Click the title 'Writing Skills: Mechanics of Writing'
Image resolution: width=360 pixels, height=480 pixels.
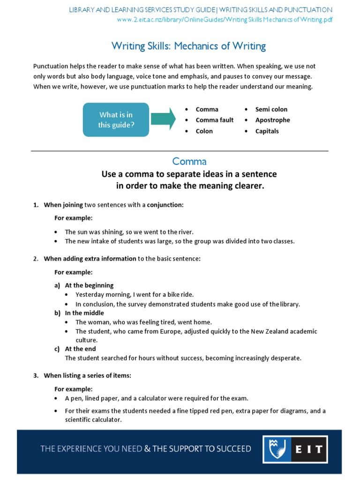tap(188, 46)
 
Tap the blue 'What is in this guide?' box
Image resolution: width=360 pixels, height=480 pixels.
tap(116, 120)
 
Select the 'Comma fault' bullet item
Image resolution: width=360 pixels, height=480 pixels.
tap(214, 120)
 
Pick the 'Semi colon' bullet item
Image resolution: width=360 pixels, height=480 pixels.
tap(271, 109)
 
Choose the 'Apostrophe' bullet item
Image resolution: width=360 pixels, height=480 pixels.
tap(272, 120)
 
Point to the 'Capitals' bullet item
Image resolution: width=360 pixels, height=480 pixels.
tap(267, 131)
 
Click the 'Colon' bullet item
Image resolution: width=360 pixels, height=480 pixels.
tap(204, 131)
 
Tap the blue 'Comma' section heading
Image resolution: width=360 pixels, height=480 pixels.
tap(189, 161)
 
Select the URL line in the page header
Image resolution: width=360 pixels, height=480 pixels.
tap(225, 19)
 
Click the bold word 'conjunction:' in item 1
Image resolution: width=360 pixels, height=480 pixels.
tap(165, 205)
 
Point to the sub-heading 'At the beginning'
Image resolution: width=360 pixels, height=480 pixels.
tap(89, 285)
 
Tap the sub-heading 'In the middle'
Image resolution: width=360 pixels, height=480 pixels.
tap(84, 313)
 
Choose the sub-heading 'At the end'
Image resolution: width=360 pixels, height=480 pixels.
tap(80, 349)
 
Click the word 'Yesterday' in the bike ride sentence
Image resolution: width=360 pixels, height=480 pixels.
tap(90, 295)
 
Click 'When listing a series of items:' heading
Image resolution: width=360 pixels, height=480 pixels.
tap(87, 375)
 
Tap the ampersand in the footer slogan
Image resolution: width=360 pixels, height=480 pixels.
tap(147, 449)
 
